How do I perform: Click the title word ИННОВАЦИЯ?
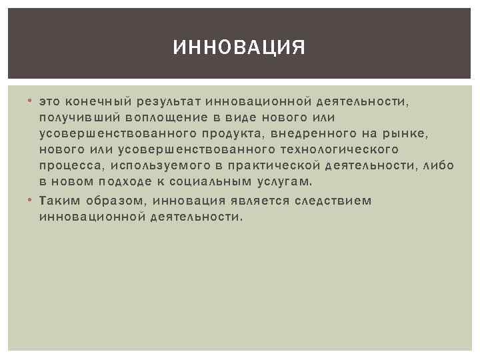pyautogui.click(x=239, y=48)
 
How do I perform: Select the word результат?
pyautogui.click(x=169, y=102)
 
